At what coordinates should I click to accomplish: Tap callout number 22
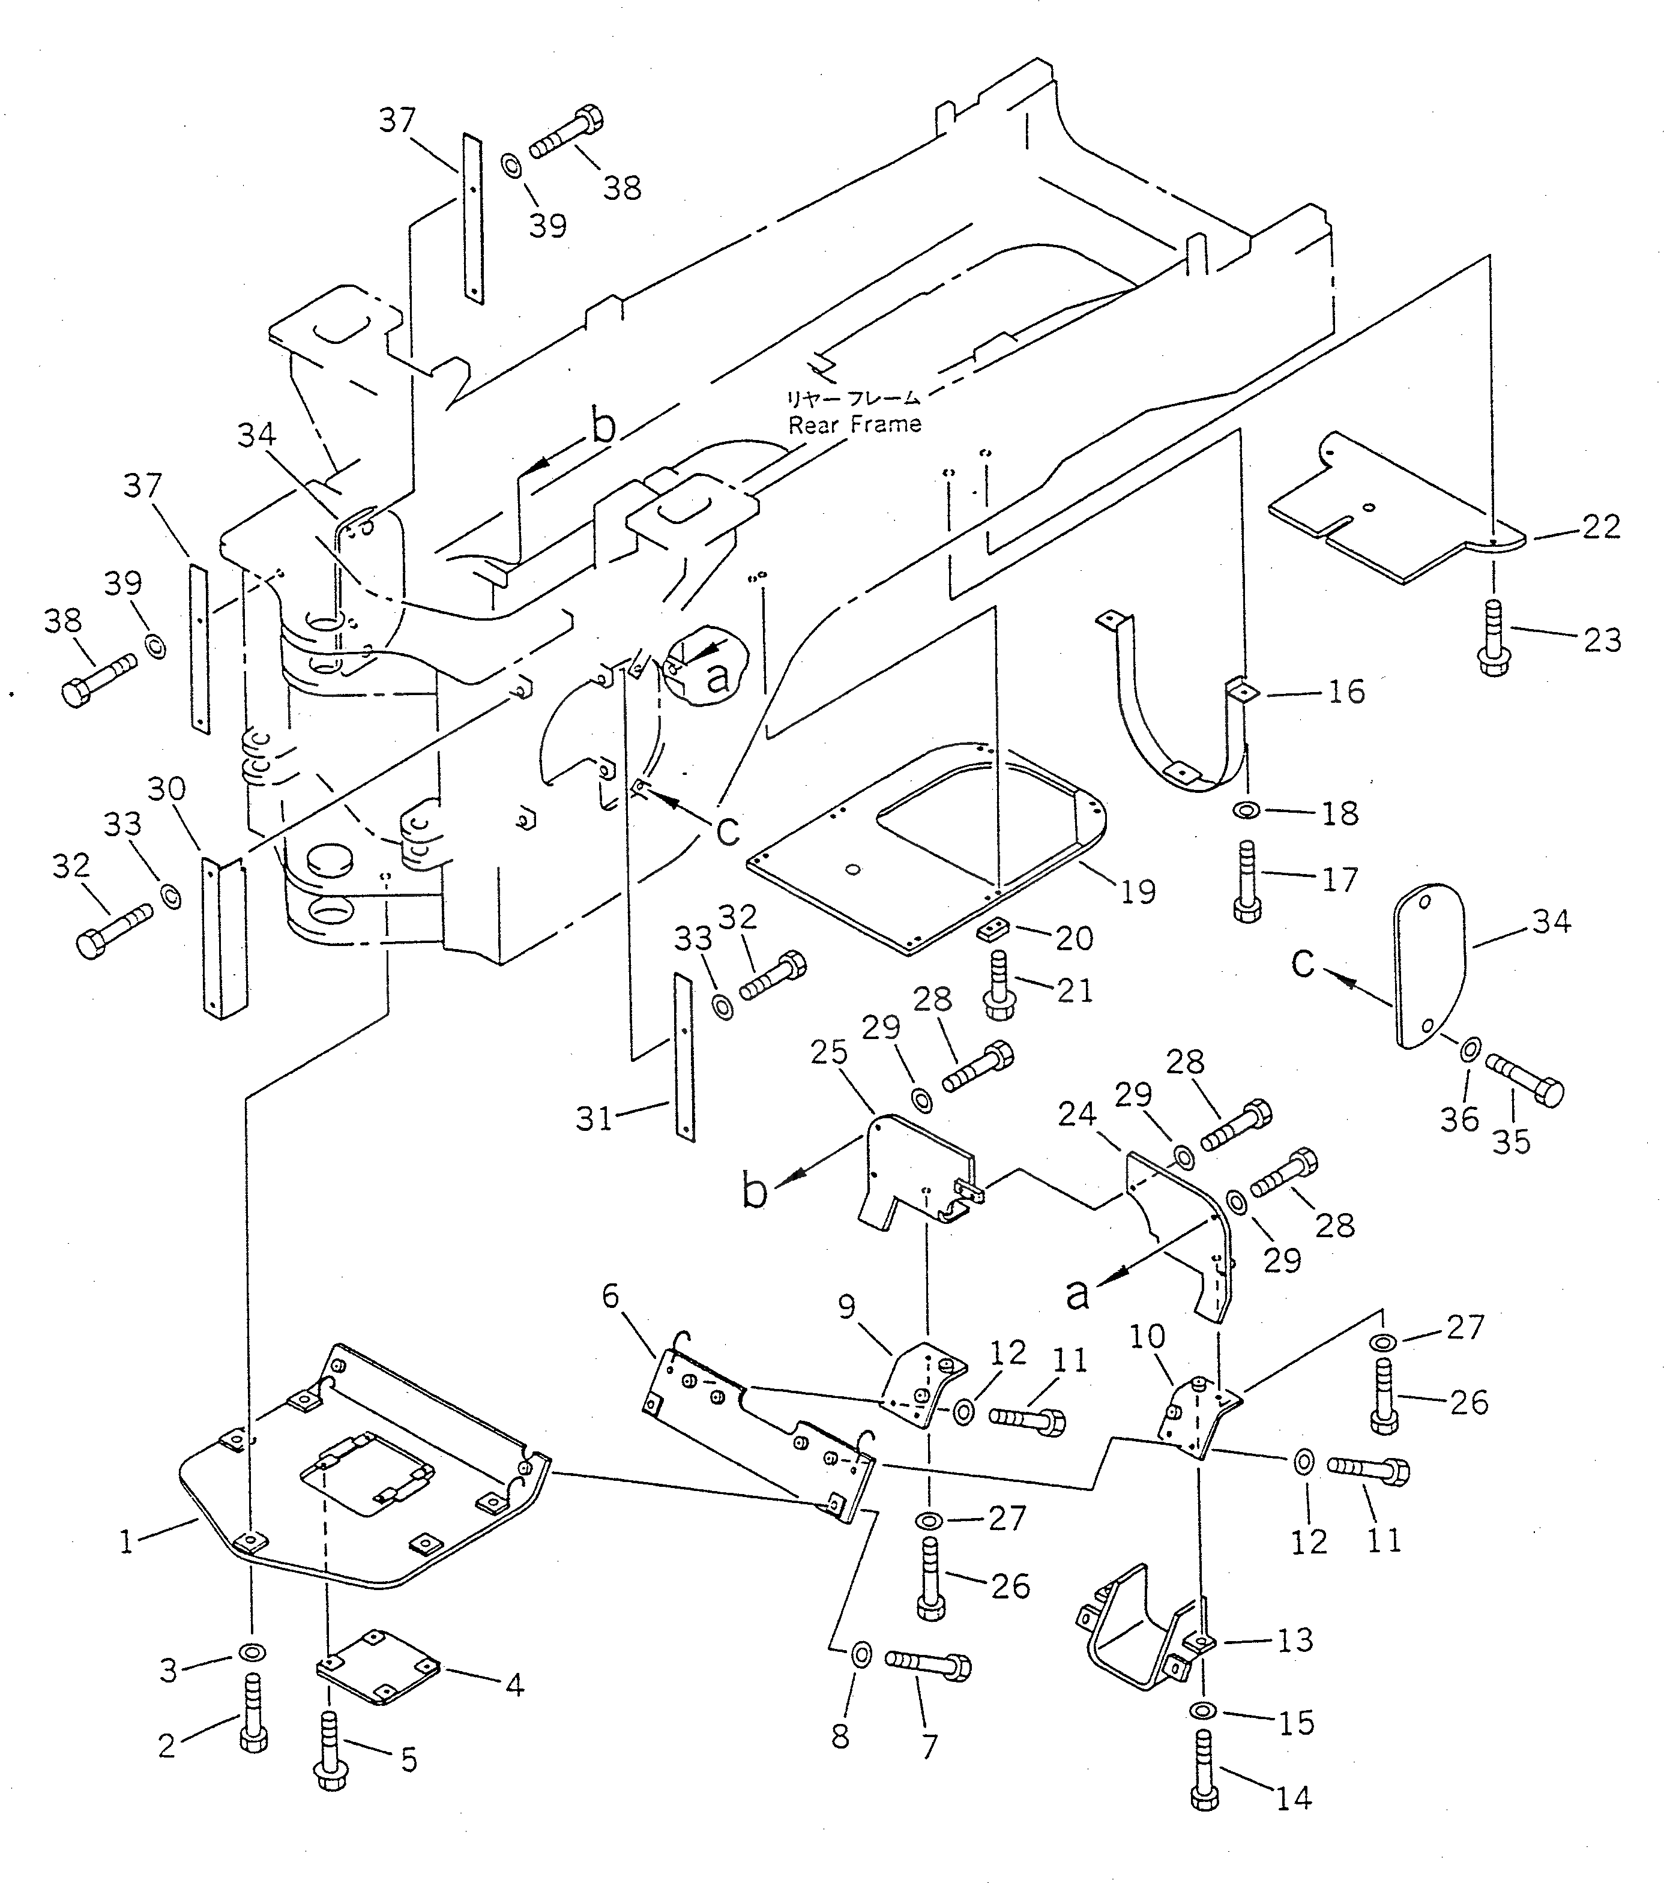pyautogui.click(x=1602, y=527)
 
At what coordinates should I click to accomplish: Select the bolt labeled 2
pyautogui.click(x=253, y=1716)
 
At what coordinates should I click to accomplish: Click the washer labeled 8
pyautogui.click(x=860, y=1654)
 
